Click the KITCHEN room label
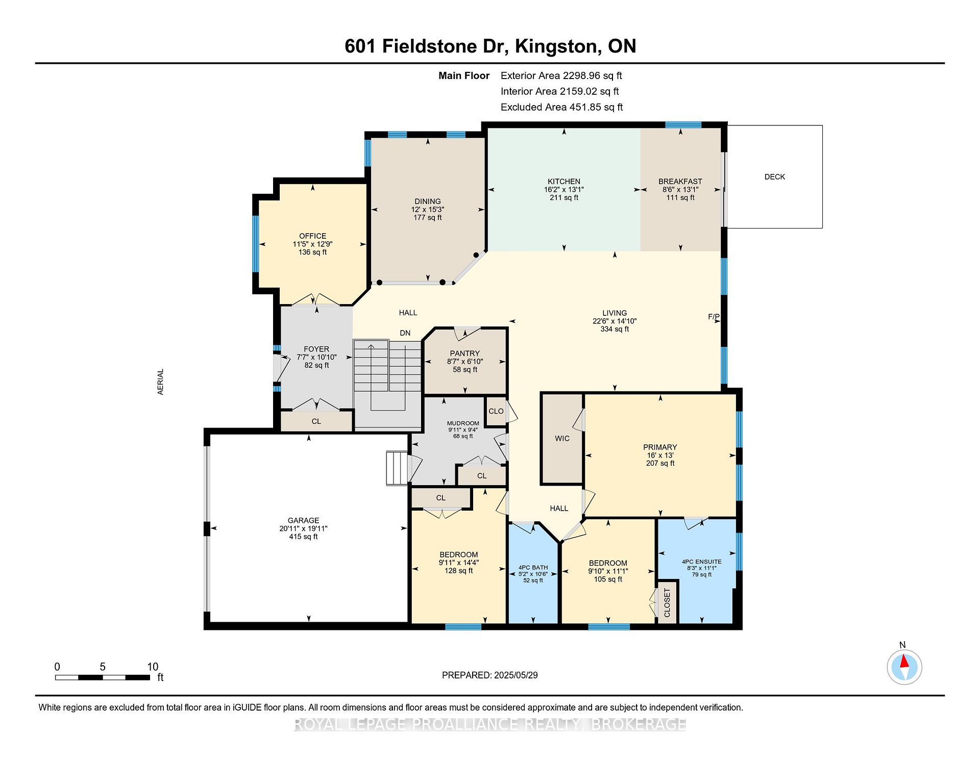pos(564,181)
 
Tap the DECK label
pos(775,176)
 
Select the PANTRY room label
pos(465,353)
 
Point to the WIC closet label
pos(562,438)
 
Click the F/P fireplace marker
pos(714,317)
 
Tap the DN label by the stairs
pos(405,333)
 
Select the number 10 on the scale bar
pos(153,667)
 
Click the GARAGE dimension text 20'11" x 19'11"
pos(303,528)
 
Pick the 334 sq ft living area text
pos(615,329)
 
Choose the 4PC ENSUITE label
pos(702,562)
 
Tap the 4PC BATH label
pos(533,567)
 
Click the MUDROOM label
pos(463,423)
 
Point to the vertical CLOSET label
pos(667,603)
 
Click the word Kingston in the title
pos(556,46)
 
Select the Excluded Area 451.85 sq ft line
pos(561,107)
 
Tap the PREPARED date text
pos(490,675)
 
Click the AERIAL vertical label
pos(161,382)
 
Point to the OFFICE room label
pos(313,236)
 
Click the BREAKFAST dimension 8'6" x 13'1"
pos(680,189)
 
